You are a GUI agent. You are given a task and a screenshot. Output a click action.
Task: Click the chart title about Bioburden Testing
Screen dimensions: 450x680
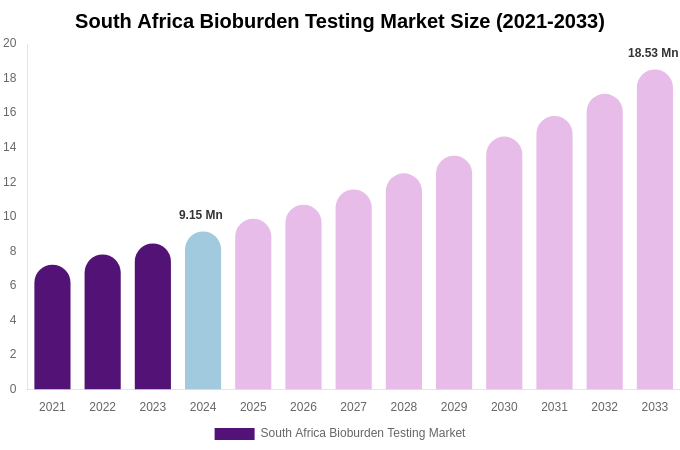coord(340,21)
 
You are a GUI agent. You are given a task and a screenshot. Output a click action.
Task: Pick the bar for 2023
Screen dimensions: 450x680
coord(153,317)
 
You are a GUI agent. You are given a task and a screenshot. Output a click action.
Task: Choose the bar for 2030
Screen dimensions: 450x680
coord(504,264)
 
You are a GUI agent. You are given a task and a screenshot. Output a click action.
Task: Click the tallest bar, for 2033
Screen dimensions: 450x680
coord(655,230)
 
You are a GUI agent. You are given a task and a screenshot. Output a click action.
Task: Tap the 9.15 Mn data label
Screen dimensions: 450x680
coord(201,215)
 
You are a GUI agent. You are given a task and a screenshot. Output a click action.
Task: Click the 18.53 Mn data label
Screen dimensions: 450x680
coord(653,53)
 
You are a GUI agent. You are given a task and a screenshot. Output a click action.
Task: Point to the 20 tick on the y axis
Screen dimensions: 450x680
coord(10,43)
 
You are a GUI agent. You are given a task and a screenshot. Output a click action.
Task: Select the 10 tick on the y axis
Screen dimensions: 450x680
coord(10,216)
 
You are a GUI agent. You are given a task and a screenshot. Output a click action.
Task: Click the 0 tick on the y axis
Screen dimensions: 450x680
coord(12,389)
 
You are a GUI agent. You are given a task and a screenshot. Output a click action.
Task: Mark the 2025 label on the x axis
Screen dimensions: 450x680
coord(253,407)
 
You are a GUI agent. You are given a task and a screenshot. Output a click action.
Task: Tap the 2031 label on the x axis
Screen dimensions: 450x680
coord(554,407)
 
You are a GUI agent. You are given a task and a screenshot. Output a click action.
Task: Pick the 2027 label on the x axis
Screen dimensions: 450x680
coord(353,407)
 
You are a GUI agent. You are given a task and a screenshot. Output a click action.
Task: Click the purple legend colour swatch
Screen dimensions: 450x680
coord(234,434)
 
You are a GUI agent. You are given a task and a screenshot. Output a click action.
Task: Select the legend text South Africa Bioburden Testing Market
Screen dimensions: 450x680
coord(363,433)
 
